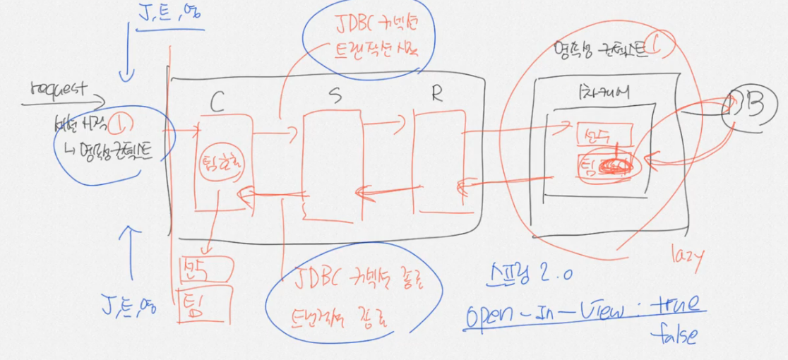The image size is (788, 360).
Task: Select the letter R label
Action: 436,95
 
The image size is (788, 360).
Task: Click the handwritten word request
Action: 59,90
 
